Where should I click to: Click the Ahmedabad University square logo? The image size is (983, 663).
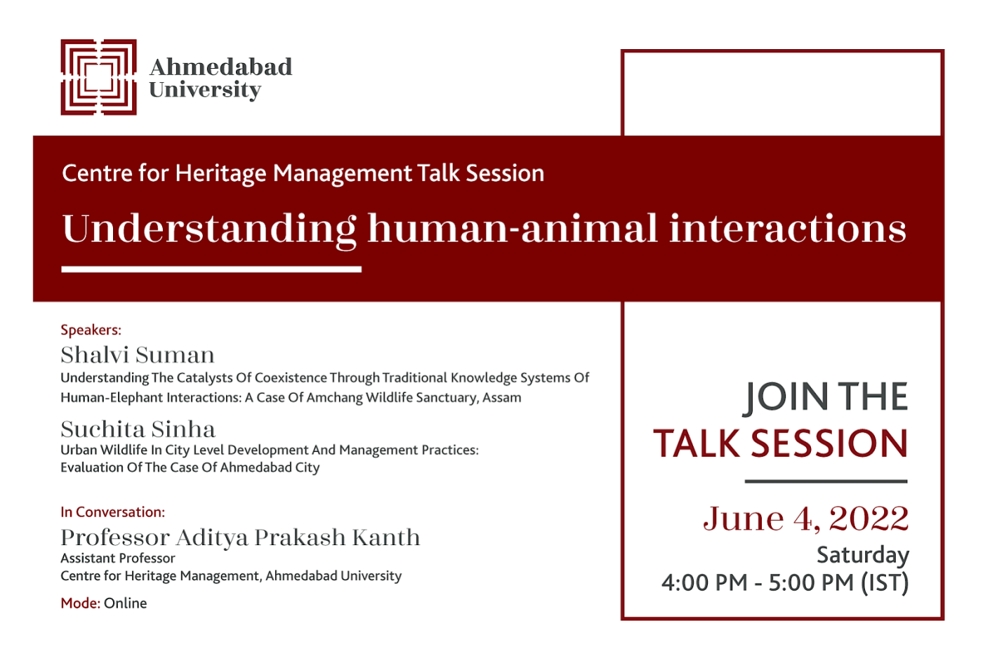click(x=98, y=77)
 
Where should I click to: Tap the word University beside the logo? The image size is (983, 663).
click(x=205, y=91)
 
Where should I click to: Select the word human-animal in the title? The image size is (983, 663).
click(x=512, y=228)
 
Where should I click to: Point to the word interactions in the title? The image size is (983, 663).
click(x=788, y=228)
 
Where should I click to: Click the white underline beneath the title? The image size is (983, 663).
click(x=211, y=269)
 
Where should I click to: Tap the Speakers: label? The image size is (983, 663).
click(x=91, y=330)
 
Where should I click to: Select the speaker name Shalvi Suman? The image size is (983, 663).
click(x=138, y=355)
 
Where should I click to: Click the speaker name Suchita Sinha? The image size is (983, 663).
click(x=138, y=429)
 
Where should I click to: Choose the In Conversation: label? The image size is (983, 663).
click(x=113, y=512)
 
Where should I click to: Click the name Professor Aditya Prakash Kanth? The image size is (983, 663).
click(x=240, y=537)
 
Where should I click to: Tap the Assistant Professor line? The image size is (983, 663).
click(x=118, y=558)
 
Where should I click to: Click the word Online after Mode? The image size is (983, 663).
click(x=126, y=603)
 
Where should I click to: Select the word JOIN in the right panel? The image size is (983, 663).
click(x=786, y=397)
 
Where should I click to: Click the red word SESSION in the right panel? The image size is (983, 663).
click(x=829, y=443)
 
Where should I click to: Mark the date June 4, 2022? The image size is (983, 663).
click(x=806, y=518)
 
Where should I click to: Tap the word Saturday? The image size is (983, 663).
click(x=863, y=556)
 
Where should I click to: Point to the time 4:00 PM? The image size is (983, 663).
click(x=704, y=583)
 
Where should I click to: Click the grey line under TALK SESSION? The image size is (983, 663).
click(x=826, y=481)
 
